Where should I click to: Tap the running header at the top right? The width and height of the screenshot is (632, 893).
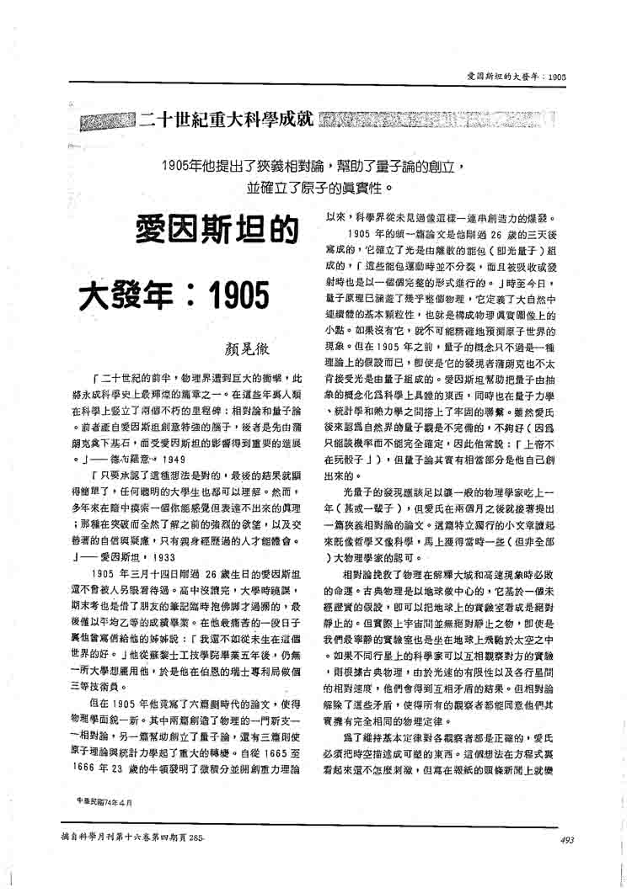(x=515, y=77)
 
